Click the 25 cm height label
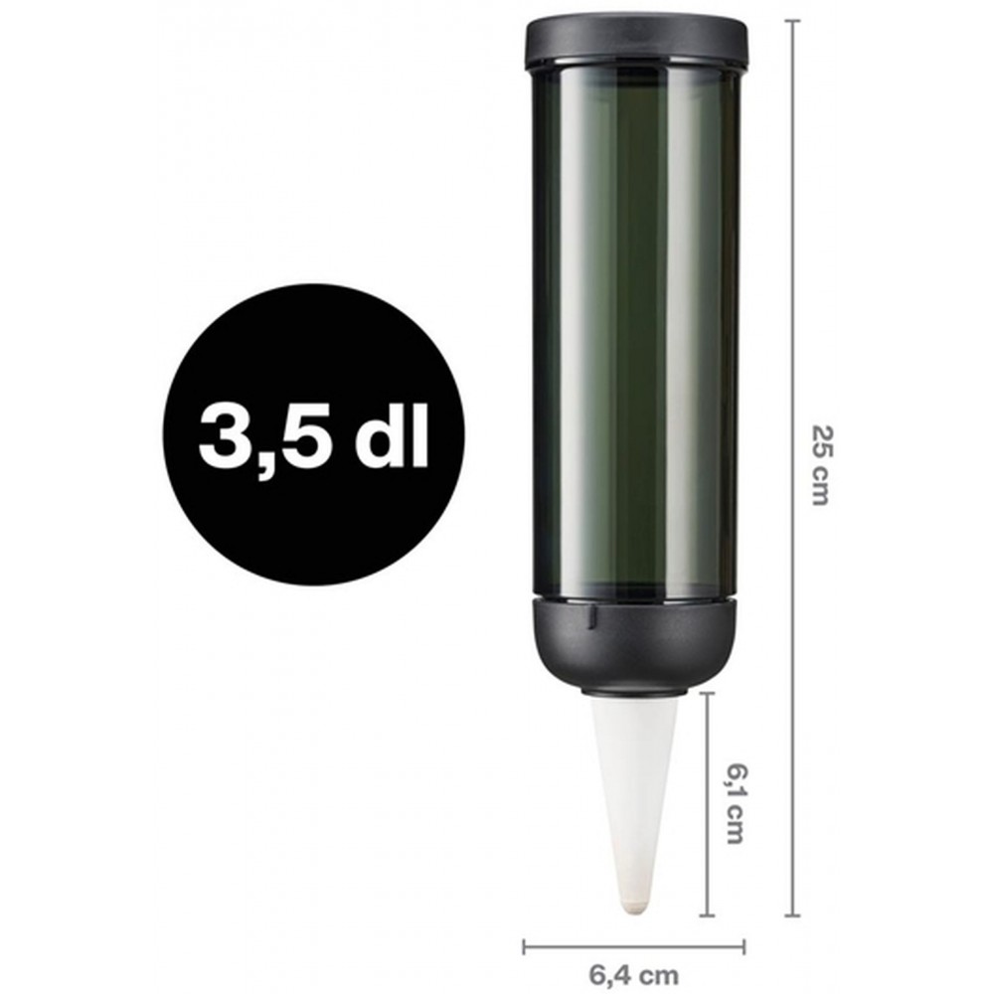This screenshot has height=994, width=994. [x=820, y=465]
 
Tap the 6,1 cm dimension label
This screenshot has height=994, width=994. [x=734, y=804]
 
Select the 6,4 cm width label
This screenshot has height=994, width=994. [x=633, y=974]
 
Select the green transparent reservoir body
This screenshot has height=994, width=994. [x=635, y=330]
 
